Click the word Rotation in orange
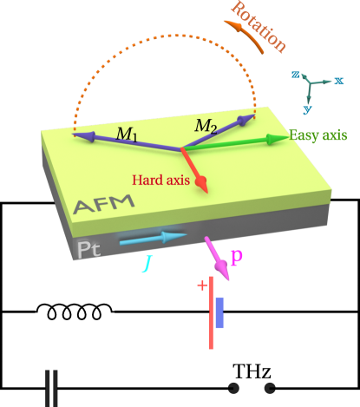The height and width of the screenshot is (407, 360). click(259, 27)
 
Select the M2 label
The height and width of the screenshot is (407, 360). click(206, 126)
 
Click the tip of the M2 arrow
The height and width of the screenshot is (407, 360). click(252, 116)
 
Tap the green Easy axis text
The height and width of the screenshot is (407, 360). click(318, 135)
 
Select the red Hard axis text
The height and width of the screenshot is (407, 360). click(160, 180)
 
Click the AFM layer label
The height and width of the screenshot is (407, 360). click(103, 205)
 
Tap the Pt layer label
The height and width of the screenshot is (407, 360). click(89, 249)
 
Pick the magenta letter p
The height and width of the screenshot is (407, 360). click(236, 258)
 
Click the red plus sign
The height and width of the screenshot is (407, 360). click(202, 285)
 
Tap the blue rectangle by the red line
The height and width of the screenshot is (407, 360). click(219, 312)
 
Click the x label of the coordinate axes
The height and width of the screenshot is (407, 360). click(339, 80)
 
